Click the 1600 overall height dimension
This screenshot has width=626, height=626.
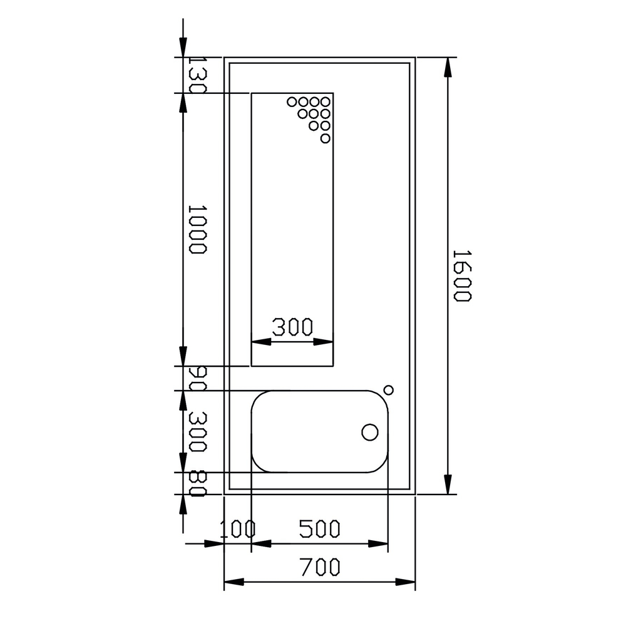click(x=463, y=276)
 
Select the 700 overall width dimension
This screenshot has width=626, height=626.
click(x=320, y=567)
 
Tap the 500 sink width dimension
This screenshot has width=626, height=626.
click(x=320, y=528)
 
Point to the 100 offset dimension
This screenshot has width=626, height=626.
click(x=238, y=530)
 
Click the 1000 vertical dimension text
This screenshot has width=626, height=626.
click(x=197, y=230)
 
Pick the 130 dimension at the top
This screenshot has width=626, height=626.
click(x=197, y=74)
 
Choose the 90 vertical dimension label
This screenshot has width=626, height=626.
click(x=197, y=379)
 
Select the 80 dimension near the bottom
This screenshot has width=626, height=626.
click(x=197, y=483)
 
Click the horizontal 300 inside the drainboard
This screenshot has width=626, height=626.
click(x=292, y=327)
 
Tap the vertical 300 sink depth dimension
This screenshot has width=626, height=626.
click(x=197, y=431)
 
